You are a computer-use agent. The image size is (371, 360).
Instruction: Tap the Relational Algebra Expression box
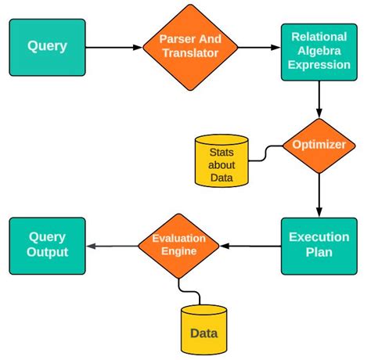pos(320,51)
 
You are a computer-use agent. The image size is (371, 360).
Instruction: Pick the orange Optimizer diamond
pos(319,146)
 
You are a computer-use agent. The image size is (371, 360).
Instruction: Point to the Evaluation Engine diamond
pos(179,246)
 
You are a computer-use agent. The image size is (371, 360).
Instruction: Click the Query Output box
pos(47,245)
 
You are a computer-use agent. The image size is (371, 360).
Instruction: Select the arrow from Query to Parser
pos(113,48)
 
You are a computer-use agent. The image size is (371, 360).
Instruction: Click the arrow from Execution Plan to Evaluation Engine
pos(250,246)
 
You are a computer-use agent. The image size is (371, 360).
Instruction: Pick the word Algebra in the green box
pos(320,51)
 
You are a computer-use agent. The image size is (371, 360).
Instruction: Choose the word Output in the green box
pos(47,253)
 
